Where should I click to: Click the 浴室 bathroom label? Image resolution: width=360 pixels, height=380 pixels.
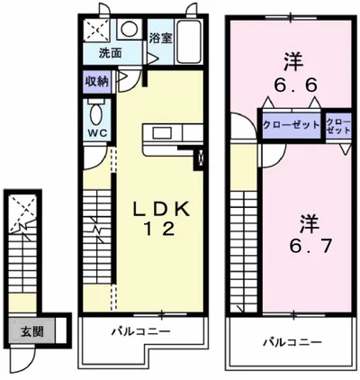coord(161,39)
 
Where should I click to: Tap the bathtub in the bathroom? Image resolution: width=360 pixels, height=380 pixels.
coord(190,41)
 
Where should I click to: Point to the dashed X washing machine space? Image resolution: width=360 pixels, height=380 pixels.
coord(96,29)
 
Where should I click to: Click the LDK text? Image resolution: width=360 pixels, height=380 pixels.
coord(162,209)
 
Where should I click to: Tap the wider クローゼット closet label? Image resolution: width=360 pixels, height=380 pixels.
coord(291,123)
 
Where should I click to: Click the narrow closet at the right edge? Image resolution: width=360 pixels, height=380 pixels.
coord(338,125)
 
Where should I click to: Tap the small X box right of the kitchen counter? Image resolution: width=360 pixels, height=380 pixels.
coord(201,162)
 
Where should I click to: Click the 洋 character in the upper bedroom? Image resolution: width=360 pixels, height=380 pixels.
coord(290,60)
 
